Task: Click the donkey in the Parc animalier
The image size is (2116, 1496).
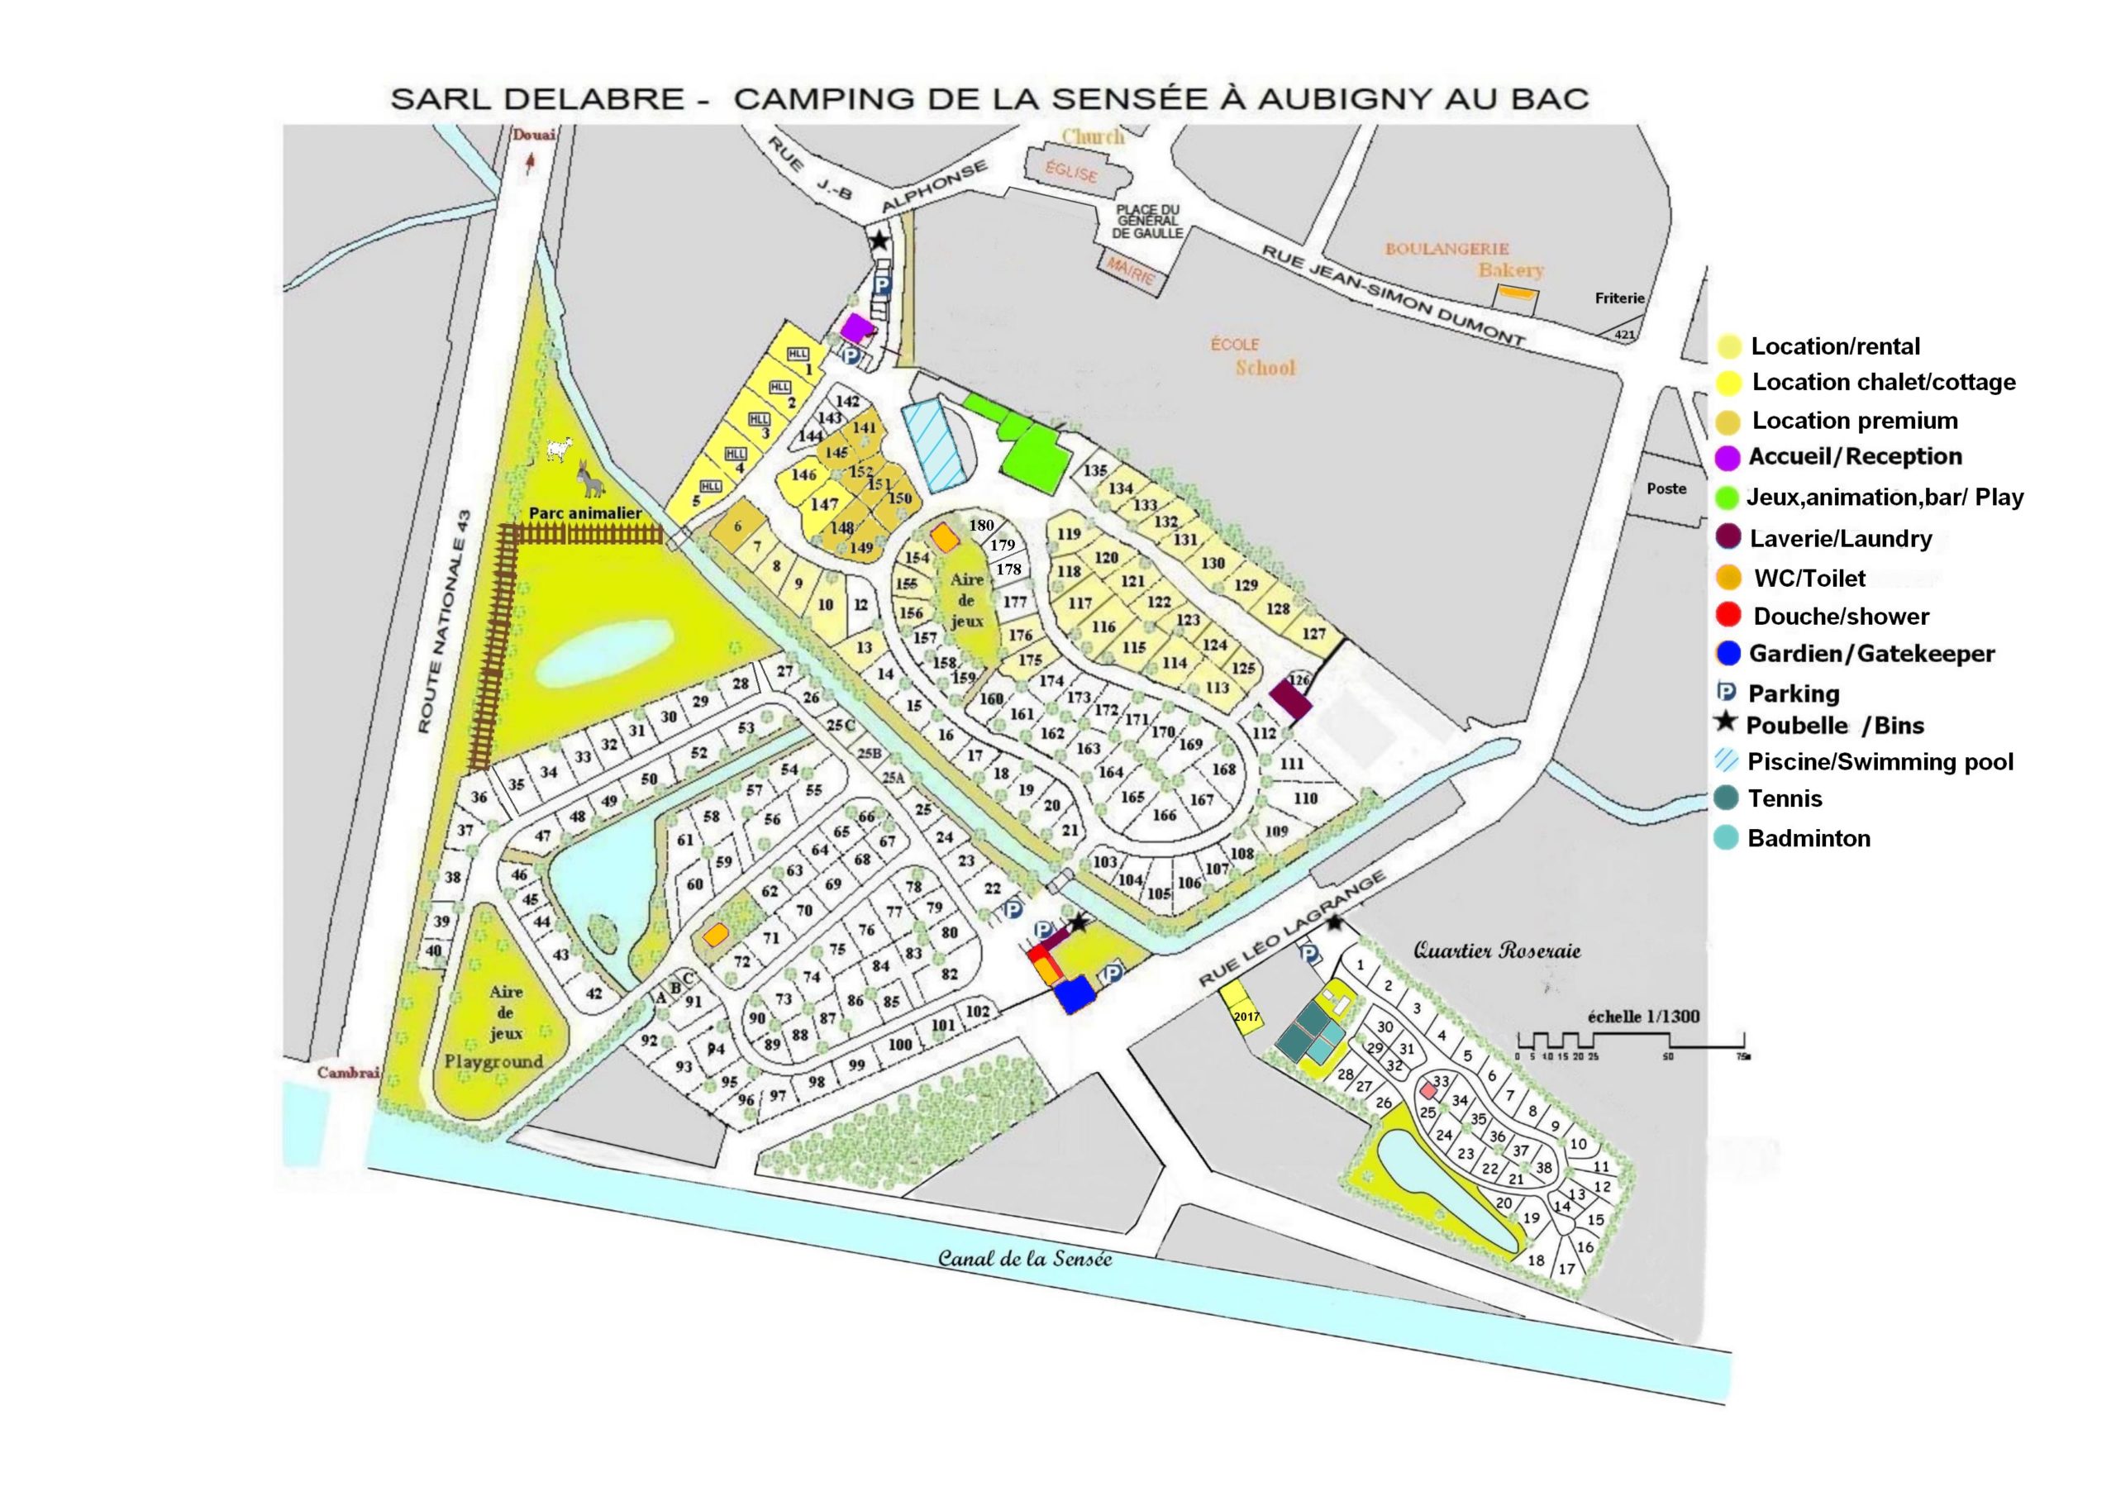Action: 588,479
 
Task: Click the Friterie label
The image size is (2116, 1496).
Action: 1619,298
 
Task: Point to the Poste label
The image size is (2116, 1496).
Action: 1666,488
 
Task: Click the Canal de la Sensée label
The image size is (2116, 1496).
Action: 1025,1258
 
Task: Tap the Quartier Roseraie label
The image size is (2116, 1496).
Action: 1497,950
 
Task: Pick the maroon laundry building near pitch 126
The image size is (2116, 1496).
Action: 1290,699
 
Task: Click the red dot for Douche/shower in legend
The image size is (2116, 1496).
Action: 1728,615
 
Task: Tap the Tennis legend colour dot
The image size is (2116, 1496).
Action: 1728,798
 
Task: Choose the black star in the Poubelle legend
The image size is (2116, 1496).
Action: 1725,723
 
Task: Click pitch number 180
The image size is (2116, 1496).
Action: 981,526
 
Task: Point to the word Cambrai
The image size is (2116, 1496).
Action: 348,1072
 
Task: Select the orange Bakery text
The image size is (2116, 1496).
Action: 1510,269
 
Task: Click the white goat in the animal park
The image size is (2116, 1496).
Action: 559,449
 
